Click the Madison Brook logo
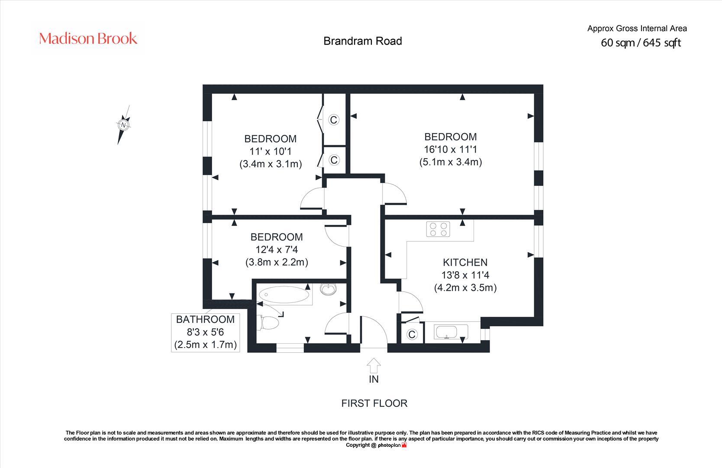coord(88,39)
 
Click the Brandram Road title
coord(363,41)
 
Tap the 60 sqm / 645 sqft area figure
coord(641,43)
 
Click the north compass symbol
coord(124,125)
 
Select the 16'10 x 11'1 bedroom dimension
coord(450,149)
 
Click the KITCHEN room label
coord(465,262)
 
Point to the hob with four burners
coord(438,229)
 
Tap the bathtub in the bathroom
coord(284,295)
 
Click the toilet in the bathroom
coord(270,323)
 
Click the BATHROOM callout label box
coord(206,332)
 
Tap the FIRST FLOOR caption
coord(374,403)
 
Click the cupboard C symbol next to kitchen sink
coord(412,334)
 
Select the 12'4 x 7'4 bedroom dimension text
coord(277,250)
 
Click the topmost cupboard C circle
coord(334,120)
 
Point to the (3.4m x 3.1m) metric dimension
coord(271,164)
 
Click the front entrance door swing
coord(373,332)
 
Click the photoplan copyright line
coord(376,445)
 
